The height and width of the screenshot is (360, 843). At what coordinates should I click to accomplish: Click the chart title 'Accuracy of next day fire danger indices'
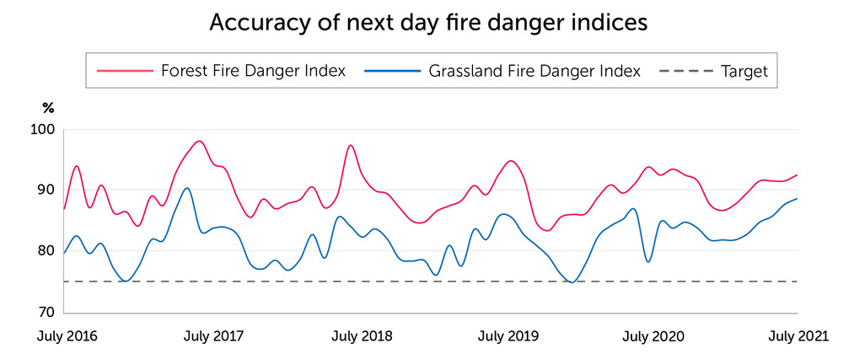(428, 22)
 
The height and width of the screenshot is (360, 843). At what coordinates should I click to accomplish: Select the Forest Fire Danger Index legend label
(253, 71)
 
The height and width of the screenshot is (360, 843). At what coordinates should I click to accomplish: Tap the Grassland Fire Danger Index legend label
(534, 71)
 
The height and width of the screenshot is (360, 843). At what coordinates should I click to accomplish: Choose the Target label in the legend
(744, 71)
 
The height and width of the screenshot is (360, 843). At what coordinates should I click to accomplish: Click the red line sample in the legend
(124, 71)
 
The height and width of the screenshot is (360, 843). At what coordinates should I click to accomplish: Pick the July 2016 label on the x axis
(67, 336)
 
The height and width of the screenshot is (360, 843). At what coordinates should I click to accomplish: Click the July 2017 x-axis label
(213, 336)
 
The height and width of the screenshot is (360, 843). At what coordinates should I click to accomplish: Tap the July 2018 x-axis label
(361, 336)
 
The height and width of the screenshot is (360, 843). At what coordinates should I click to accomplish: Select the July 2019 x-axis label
(507, 336)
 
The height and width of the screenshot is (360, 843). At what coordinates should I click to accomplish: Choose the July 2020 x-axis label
(653, 336)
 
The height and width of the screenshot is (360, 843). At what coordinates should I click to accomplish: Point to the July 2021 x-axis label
(799, 336)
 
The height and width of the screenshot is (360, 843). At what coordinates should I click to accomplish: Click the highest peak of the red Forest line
(199, 141)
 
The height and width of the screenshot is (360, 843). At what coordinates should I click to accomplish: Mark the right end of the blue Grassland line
(797, 199)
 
